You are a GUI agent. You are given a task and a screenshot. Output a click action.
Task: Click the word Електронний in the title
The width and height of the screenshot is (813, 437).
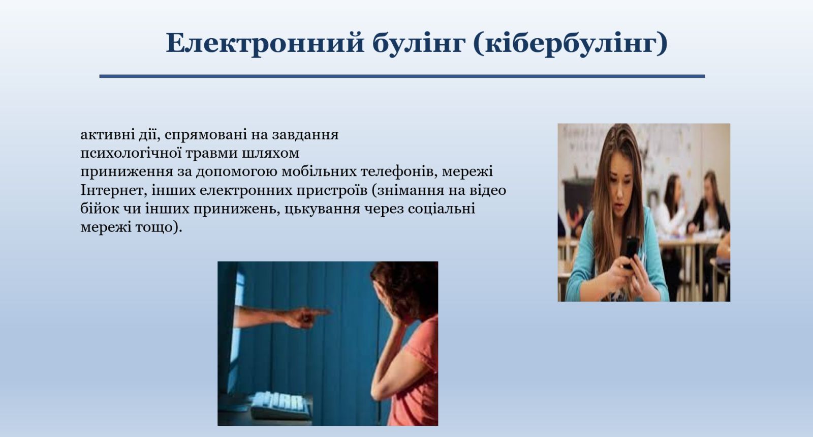point(265,43)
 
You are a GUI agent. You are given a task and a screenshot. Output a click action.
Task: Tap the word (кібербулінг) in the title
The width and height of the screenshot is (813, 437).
point(571,44)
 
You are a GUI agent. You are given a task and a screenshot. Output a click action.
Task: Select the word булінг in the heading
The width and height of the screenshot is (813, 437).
point(419,44)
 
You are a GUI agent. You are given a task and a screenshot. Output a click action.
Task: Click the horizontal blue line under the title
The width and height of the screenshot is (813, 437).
point(402,76)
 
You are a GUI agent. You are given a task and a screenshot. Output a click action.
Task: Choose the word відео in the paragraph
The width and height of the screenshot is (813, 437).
point(487,190)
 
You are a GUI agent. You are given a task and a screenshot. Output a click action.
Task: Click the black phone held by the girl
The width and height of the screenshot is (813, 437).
point(632,251)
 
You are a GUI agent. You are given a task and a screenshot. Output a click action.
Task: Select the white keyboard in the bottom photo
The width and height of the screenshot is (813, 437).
point(280,405)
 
